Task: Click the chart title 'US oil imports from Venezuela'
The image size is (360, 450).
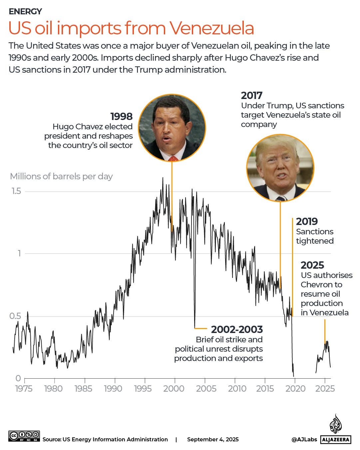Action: [x=131, y=28]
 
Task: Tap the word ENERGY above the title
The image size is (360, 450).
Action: [x=25, y=11]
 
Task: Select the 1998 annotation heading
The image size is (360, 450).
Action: [x=121, y=116]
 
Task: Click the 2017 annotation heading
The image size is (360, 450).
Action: [x=251, y=96]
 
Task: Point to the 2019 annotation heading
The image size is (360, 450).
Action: [x=307, y=221]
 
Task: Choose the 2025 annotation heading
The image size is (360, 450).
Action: [x=312, y=265]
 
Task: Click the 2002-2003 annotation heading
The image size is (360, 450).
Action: [x=237, y=329]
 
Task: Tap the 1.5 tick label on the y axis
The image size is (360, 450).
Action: [x=16, y=191]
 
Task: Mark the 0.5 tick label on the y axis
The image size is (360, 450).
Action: [x=15, y=316]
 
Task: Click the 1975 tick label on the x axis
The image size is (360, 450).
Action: [x=24, y=389]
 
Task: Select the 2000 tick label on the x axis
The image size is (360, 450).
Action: [x=174, y=389]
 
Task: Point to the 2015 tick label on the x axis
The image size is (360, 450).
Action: [x=265, y=389]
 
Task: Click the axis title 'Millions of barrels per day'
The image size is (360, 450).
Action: [x=61, y=176]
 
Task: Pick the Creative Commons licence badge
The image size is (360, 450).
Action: [x=24, y=436]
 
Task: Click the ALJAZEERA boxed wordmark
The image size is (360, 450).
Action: [x=336, y=440]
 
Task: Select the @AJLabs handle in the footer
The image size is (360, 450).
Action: [x=304, y=440]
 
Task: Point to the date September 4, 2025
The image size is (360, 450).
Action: [x=213, y=440]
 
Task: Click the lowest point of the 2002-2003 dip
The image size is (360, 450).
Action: [x=194, y=328]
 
